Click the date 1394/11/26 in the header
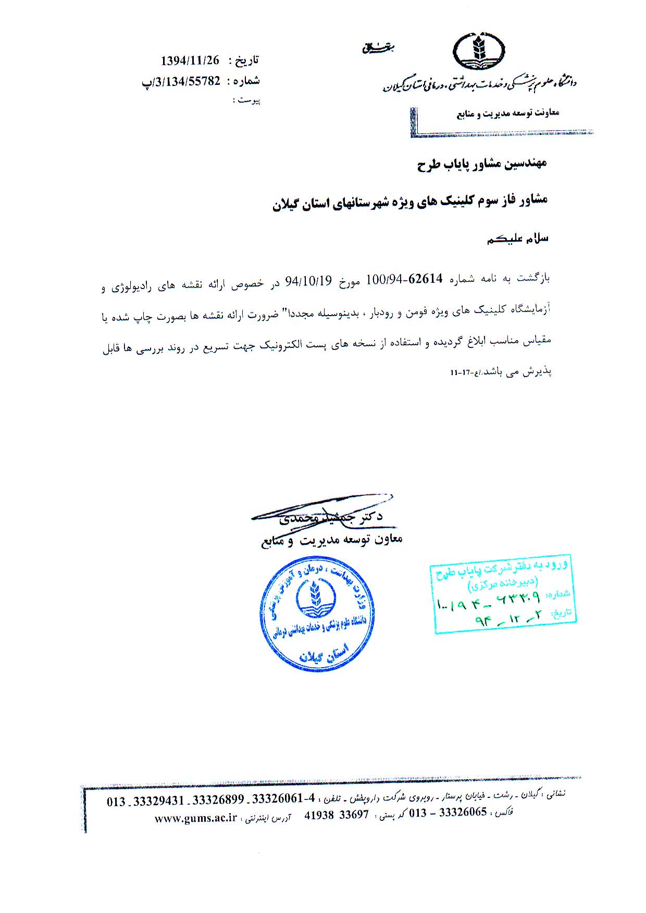point(190,60)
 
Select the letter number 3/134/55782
point(182,81)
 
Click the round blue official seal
point(317,614)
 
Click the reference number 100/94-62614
point(404,279)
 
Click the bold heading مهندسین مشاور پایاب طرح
point(482,164)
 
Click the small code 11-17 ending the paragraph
point(460,373)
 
